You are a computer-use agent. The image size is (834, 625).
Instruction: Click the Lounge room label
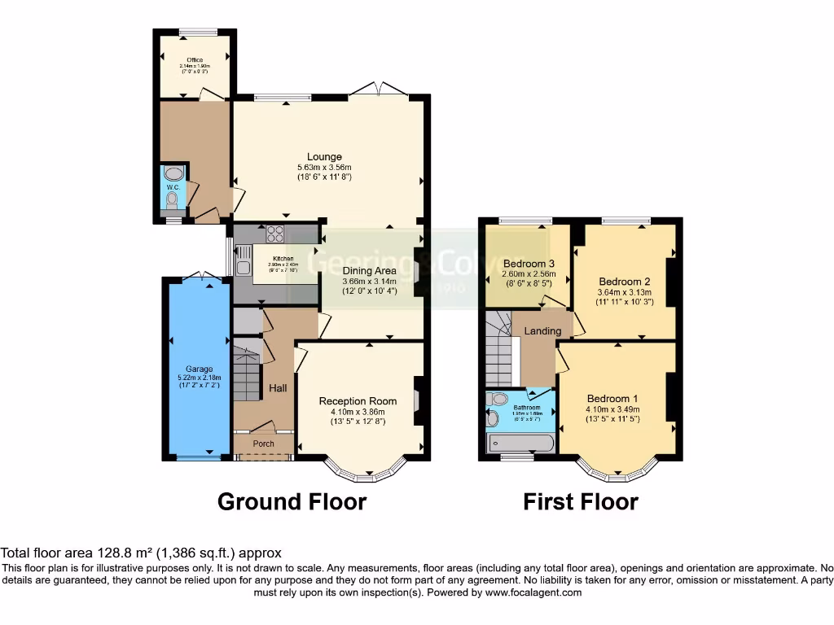click(x=324, y=157)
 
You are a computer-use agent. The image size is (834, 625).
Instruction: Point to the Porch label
click(x=263, y=444)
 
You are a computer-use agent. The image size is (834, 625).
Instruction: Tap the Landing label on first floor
click(x=542, y=331)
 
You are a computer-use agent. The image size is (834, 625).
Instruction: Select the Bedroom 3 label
click(x=529, y=264)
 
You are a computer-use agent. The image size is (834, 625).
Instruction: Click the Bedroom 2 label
click(x=623, y=282)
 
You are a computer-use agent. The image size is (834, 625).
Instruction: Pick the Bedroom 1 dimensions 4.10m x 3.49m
click(x=612, y=409)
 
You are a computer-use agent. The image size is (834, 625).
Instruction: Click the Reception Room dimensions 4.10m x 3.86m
click(x=358, y=412)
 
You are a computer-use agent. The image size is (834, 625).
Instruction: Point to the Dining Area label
click(x=369, y=271)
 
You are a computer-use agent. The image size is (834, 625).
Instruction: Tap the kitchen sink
click(x=243, y=260)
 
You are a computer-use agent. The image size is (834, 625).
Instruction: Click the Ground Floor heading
click(x=292, y=502)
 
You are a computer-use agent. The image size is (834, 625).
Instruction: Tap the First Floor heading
click(x=581, y=502)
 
